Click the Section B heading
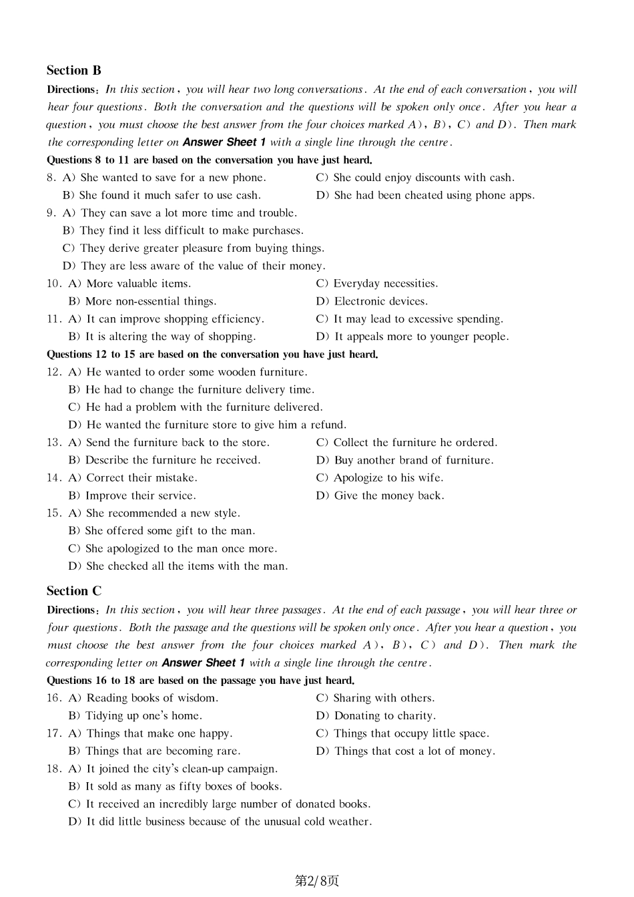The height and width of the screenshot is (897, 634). tap(73, 70)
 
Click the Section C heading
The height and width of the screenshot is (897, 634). tap(73, 590)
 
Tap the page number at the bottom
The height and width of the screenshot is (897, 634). tap(317, 880)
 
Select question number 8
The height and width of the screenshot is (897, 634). tap(51, 178)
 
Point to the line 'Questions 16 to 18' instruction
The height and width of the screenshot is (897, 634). tap(200, 680)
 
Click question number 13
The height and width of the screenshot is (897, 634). tap(53, 442)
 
